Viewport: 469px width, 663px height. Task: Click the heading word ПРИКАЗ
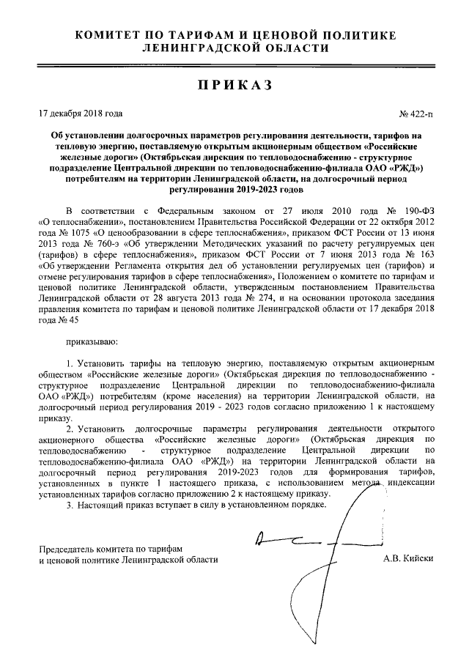[234, 85]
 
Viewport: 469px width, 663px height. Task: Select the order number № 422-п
[416, 114]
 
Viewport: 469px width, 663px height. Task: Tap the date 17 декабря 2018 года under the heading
[81, 114]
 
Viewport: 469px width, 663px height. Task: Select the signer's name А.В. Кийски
[408, 559]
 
